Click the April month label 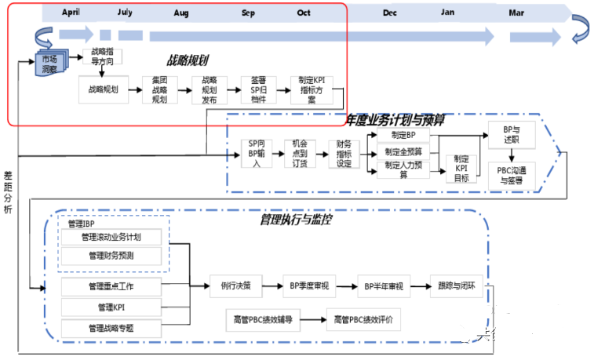pos(70,13)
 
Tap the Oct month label pos(304,13)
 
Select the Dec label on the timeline pos(390,13)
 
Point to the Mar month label pos(516,13)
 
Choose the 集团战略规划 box pos(160,90)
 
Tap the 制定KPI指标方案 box pos(312,90)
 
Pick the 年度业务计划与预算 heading pos(395,119)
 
